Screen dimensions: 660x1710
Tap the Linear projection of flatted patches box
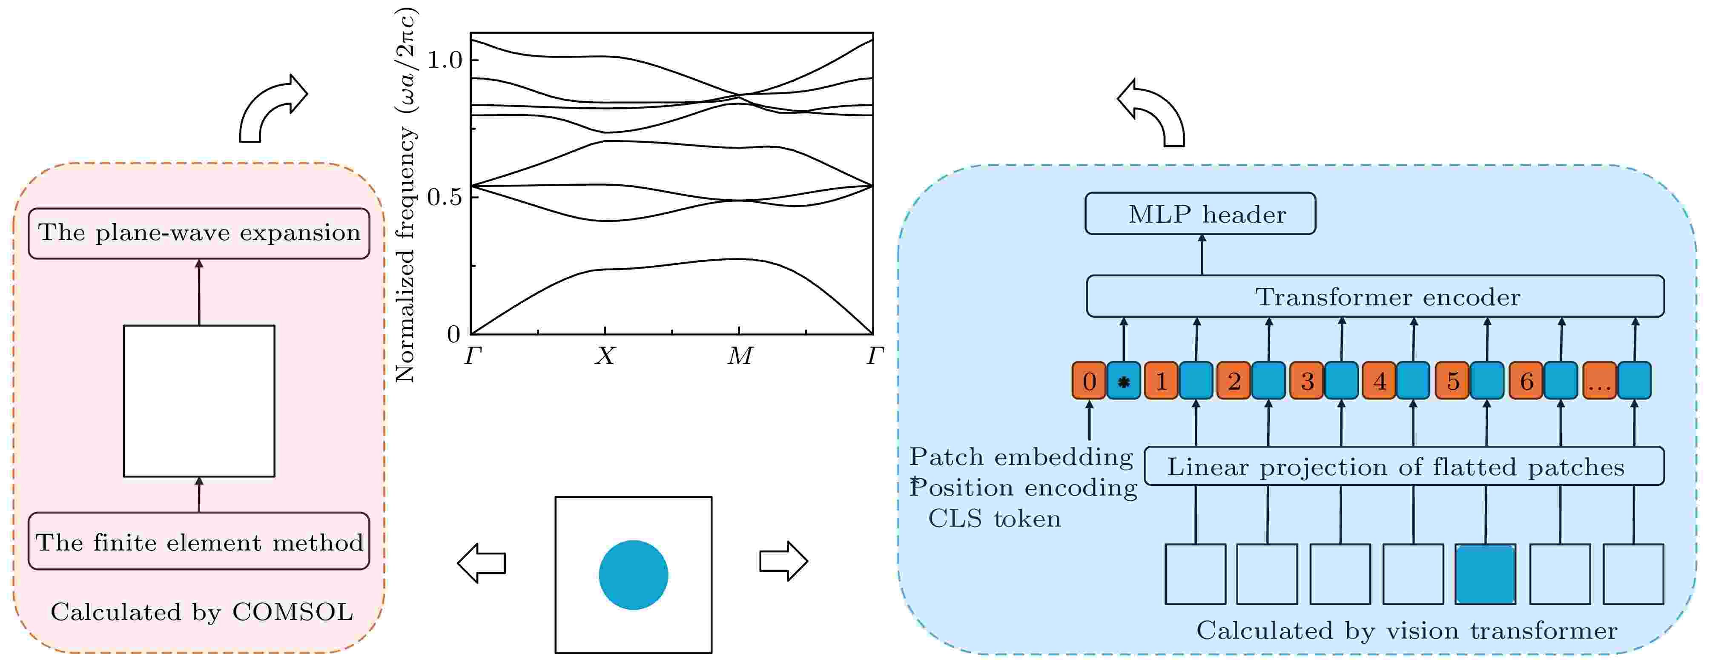pos(1403,467)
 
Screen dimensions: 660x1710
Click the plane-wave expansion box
pos(198,233)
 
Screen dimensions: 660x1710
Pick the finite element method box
pos(198,541)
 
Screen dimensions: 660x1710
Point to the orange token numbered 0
pos(1089,381)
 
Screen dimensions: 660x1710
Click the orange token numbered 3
pos(1306,381)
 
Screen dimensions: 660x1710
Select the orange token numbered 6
pos(1526,381)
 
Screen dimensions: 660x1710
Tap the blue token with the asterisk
pos(1123,381)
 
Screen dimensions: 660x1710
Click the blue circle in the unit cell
pos(633,575)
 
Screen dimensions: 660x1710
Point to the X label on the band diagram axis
pos(605,356)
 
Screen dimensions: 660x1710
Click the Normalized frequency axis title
pos(405,196)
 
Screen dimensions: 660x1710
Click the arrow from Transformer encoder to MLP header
pos(1202,255)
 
